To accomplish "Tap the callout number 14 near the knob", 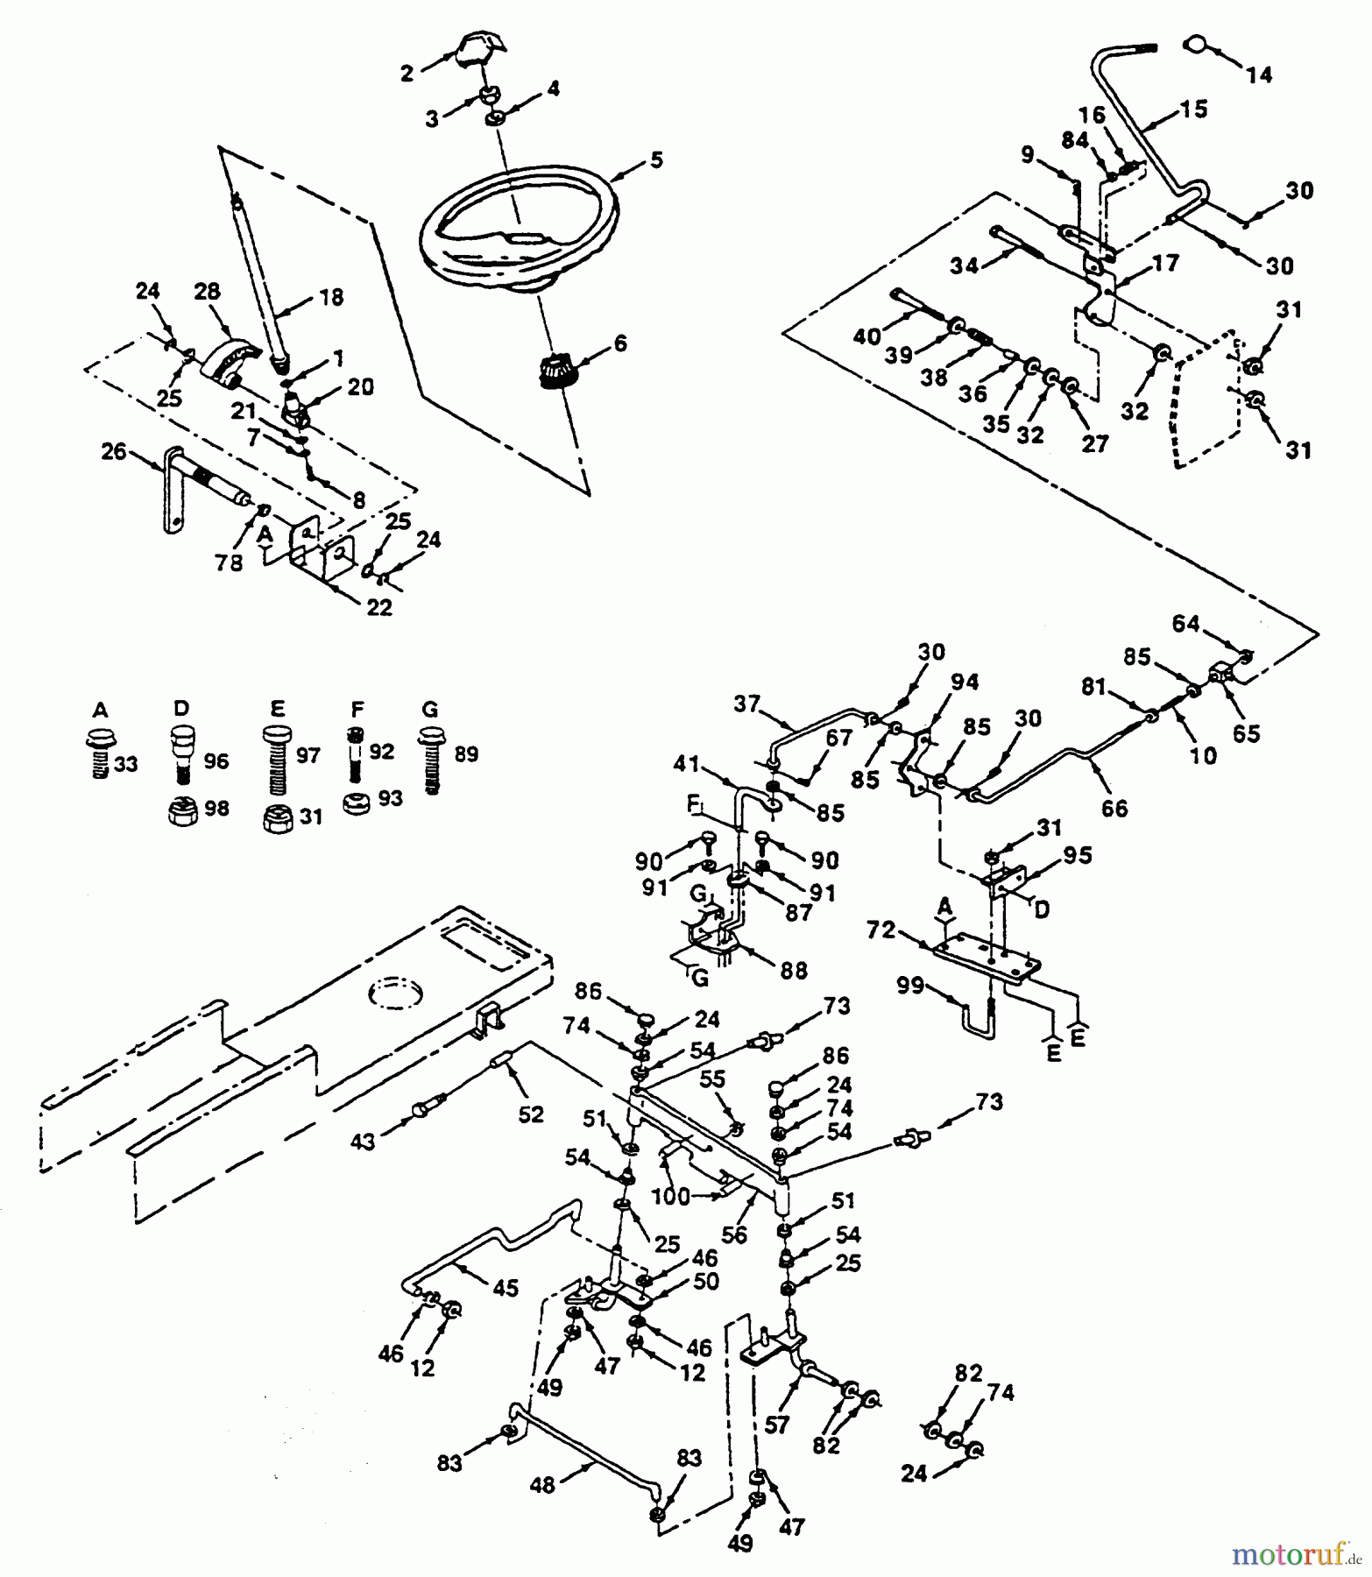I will [x=1259, y=75].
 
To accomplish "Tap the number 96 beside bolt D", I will [x=216, y=761].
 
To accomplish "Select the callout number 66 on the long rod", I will [x=1114, y=808].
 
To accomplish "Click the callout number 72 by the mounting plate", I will [x=881, y=930].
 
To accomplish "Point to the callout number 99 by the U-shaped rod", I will [x=911, y=987].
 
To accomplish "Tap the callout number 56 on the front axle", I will [x=734, y=1234].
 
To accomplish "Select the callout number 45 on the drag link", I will [x=505, y=1288].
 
